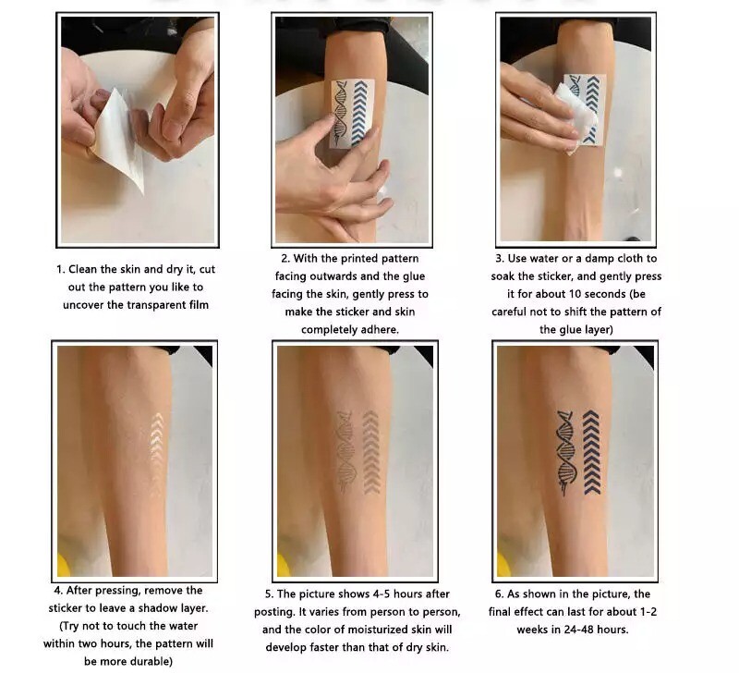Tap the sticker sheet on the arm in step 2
(352, 113)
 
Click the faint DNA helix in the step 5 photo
(345, 451)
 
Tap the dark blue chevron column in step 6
(591, 452)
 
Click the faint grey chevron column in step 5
(371, 452)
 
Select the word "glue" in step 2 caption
(413, 276)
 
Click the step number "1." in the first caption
(60, 269)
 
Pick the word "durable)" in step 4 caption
(151, 662)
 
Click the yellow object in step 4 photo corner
(63, 564)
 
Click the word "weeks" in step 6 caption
(532, 630)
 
